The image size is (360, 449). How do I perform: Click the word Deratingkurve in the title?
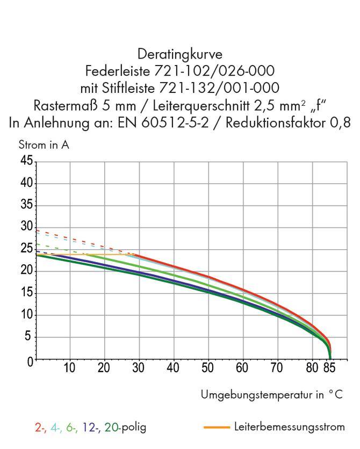(x=179, y=54)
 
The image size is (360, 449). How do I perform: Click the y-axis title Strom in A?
(x=44, y=145)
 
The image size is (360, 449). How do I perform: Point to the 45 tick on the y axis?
(x=26, y=162)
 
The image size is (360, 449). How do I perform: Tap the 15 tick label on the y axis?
(x=26, y=293)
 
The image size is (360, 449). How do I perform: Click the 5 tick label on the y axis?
(x=29, y=337)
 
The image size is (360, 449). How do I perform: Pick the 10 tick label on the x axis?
(x=69, y=368)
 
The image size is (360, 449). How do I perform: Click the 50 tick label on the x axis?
(x=208, y=368)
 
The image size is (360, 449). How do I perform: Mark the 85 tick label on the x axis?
(x=329, y=368)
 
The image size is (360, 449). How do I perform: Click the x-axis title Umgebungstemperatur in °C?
(x=271, y=395)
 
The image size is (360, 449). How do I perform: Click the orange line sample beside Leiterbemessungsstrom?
(x=217, y=428)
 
